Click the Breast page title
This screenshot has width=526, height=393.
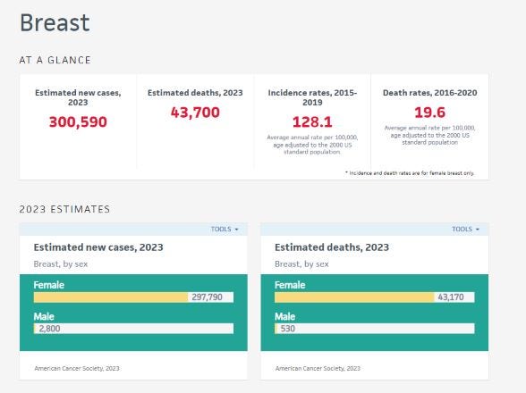click(x=55, y=23)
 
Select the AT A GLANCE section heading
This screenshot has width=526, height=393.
click(x=55, y=61)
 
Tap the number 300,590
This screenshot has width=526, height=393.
click(x=77, y=121)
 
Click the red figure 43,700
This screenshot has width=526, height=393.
click(x=195, y=113)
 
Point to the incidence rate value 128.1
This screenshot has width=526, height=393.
click(x=312, y=121)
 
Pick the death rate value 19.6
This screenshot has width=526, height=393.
click(x=429, y=113)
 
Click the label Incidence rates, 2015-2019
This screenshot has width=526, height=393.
click(x=312, y=96)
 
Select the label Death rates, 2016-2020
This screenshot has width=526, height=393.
click(x=429, y=92)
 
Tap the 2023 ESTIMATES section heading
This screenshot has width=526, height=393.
click(x=64, y=209)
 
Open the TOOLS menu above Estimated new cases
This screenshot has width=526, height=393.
click(x=225, y=230)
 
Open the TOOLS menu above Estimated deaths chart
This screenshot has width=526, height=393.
click(x=465, y=230)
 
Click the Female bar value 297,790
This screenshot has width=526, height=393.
click(x=211, y=297)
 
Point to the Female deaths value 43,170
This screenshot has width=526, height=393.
click(x=453, y=297)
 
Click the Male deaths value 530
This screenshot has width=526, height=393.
click(x=289, y=329)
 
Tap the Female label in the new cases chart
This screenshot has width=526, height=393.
click(x=49, y=285)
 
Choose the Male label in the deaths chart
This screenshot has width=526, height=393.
click(x=284, y=316)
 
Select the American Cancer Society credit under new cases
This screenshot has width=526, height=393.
click(x=77, y=368)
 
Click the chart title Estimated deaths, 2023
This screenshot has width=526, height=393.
click(x=331, y=247)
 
